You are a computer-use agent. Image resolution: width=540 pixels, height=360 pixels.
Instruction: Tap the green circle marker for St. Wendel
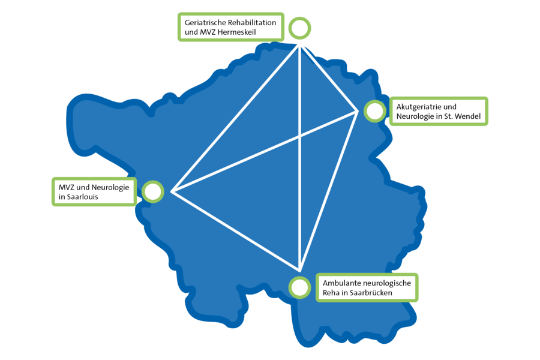[374, 101]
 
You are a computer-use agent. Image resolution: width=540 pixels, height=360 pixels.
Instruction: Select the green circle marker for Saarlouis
[152, 182]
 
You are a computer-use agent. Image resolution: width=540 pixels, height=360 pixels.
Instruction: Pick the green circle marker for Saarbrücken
[299, 277]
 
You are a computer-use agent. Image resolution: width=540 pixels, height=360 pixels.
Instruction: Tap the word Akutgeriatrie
[416, 107]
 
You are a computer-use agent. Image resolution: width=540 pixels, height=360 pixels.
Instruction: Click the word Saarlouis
[82, 197]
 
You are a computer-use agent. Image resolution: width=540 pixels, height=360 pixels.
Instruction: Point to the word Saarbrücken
[371, 293]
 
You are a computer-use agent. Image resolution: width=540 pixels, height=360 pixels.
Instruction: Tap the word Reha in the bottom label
[330, 293]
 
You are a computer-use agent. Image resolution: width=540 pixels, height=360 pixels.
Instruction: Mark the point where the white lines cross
[301, 136]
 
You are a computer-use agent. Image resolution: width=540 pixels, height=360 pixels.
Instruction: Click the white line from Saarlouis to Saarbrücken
[236, 231]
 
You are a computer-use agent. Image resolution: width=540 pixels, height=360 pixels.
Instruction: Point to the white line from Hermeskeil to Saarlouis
[236, 119]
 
